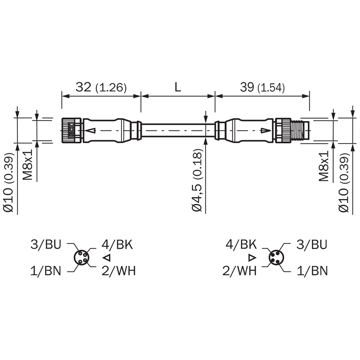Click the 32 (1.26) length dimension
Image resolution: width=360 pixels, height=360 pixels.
(x=101, y=87)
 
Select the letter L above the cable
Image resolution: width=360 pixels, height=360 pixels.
(x=178, y=87)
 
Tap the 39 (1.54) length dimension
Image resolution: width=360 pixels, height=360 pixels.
(x=262, y=87)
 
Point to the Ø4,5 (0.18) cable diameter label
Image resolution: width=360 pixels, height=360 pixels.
(x=197, y=180)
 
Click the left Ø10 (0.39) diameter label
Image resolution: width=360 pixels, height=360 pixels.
(x=9, y=183)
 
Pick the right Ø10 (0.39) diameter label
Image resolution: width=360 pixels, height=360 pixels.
(x=344, y=183)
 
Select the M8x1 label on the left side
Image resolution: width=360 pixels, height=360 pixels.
(x=27, y=165)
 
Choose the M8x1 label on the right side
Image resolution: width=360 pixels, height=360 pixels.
(x=324, y=166)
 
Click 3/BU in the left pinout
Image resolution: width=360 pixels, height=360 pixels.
(x=46, y=244)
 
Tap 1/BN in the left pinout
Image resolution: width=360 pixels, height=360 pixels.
(x=46, y=271)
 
